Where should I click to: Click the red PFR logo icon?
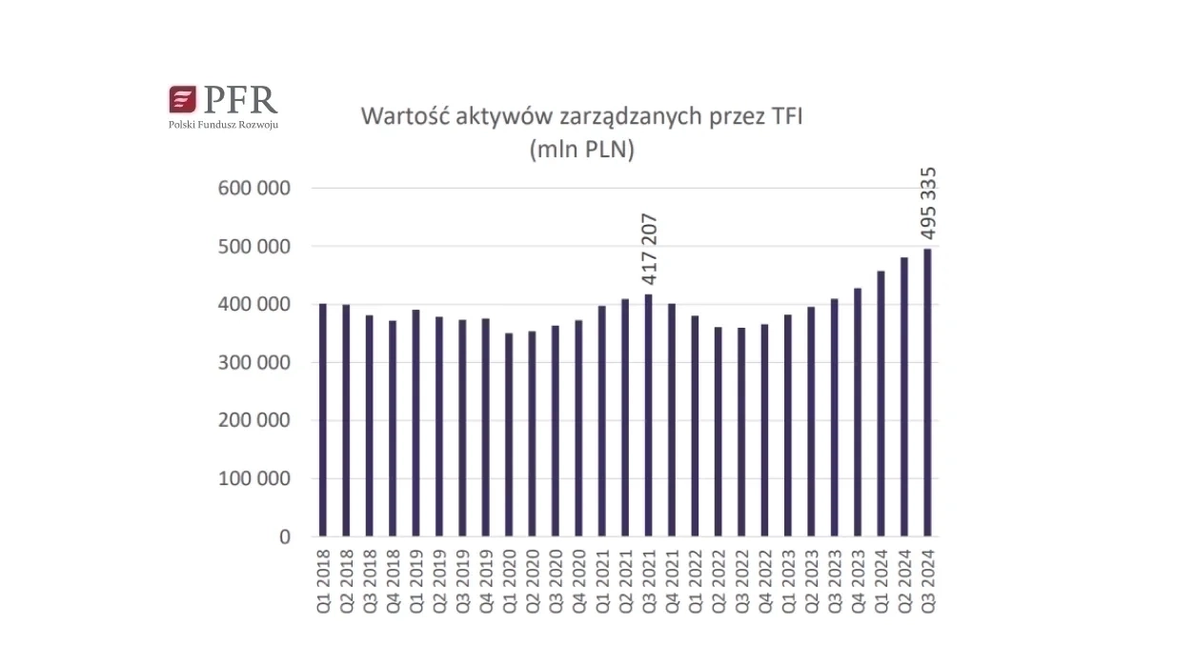(x=182, y=100)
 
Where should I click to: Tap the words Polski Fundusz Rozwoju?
(x=223, y=125)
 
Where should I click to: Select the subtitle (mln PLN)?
(x=581, y=150)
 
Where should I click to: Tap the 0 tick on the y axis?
(x=284, y=537)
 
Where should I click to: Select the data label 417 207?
(x=650, y=250)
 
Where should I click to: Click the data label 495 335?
(x=928, y=204)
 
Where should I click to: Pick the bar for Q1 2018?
(x=323, y=420)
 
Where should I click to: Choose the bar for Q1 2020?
(x=509, y=435)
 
